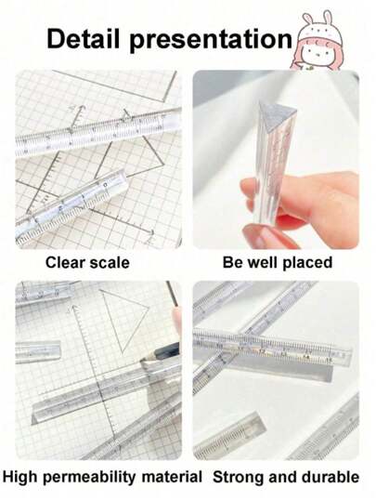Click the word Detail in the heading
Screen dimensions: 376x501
coord(83,39)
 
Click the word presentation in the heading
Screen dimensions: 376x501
coord(211,40)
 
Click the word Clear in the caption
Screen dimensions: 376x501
coord(65,263)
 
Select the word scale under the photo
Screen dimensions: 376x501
coord(110,263)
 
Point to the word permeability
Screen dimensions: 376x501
coord(89,478)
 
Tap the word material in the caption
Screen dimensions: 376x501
coord(172,477)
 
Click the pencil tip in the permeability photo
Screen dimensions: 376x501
coord(142,360)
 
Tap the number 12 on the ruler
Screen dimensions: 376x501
coord(262,351)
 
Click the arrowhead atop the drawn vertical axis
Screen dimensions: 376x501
coord(74,308)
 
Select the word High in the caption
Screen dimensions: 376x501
coord(20,478)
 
